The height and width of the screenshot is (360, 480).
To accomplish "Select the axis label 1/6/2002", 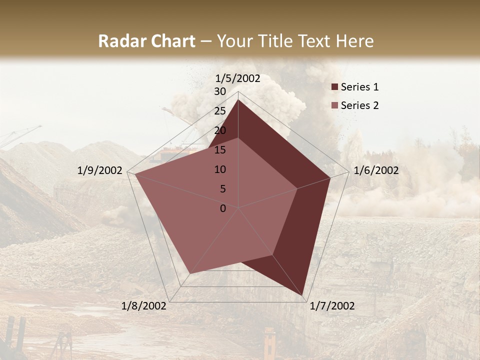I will coord(376,170).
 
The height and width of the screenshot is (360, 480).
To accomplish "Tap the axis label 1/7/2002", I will coord(332,306).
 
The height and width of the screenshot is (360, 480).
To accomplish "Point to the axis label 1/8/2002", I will coord(144,306).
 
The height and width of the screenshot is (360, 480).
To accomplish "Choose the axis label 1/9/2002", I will coord(100,170).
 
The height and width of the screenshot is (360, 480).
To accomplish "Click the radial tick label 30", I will coord(220,91).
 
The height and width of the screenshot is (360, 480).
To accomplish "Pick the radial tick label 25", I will coord(220,111).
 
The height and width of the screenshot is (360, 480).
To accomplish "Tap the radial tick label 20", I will coord(220,130).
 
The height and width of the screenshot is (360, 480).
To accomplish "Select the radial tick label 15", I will coord(220,150).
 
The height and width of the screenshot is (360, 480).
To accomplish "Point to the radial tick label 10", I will coord(220,169).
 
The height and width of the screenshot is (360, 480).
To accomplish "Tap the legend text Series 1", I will coord(359,87).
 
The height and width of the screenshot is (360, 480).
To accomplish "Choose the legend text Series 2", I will coord(359,105).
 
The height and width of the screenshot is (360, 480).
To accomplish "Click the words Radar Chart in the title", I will coord(146,41).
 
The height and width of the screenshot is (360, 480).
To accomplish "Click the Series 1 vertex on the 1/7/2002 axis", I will coord(303,296).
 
